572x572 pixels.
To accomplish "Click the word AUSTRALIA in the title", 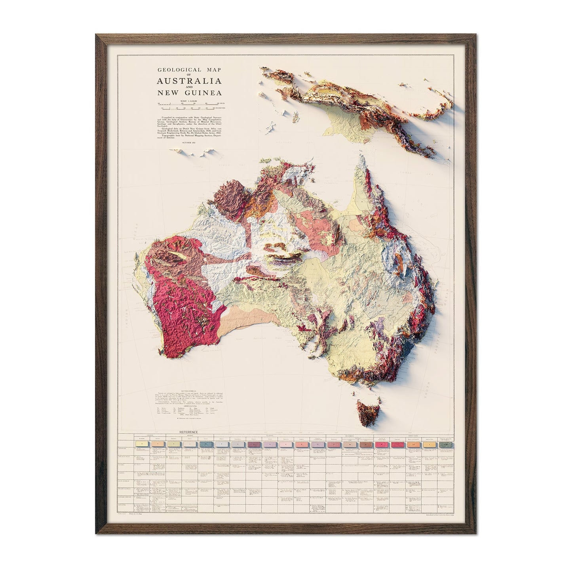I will tap(189, 82).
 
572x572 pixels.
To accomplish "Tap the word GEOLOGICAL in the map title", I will tap(173, 70).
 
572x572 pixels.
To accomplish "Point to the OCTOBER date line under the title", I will tap(189, 141).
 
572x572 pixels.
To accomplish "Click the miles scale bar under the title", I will tap(186, 104).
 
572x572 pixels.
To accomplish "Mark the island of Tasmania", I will tap(367, 412).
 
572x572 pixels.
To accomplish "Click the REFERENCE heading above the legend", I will tap(188, 432).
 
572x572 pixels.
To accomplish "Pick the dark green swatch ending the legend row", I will tap(446, 445).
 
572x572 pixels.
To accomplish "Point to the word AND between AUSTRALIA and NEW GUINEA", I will tap(189, 88).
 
